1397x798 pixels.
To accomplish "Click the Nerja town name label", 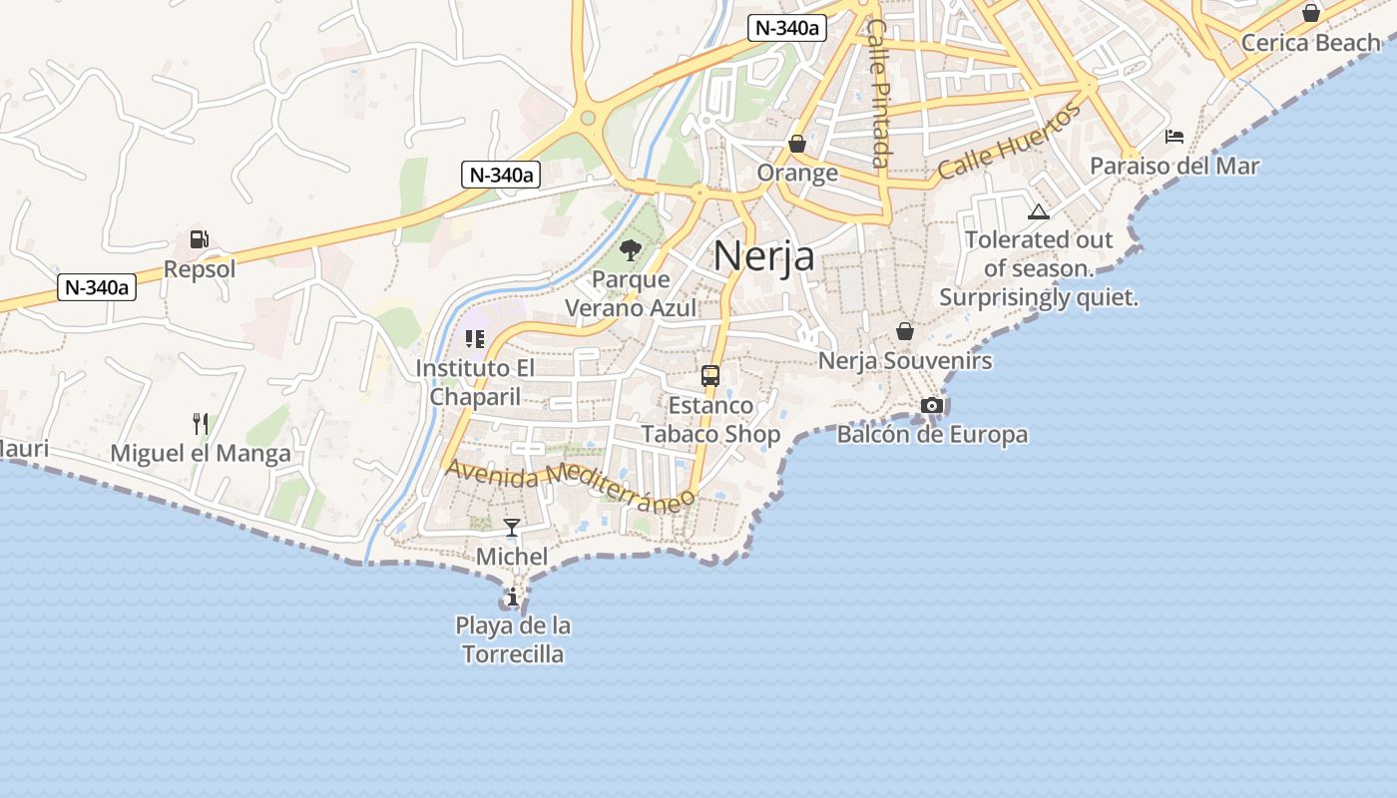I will pyautogui.click(x=763, y=256).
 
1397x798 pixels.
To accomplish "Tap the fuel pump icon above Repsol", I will pyautogui.click(x=200, y=239).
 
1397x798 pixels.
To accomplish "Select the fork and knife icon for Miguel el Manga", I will pyautogui.click(x=201, y=424).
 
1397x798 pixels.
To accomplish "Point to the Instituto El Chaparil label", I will pyautogui.click(x=475, y=382).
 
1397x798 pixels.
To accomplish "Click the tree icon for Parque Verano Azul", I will pyautogui.click(x=630, y=249).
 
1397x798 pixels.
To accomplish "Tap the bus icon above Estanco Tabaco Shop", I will pyautogui.click(x=710, y=376).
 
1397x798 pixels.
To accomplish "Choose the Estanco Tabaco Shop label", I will pyautogui.click(x=710, y=420).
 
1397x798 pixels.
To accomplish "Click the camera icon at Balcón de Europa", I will pyautogui.click(x=932, y=405).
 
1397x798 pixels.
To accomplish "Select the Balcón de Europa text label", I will pyautogui.click(x=932, y=435).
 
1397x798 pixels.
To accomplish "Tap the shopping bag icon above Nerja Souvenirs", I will pyautogui.click(x=905, y=331).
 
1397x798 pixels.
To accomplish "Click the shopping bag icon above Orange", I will pyautogui.click(x=796, y=144).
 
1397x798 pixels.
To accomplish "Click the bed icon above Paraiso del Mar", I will pyautogui.click(x=1174, y=136).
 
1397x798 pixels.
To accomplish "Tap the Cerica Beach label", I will pyautogui.click(x=1310, y=43).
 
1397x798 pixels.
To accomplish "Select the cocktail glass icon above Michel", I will pyautogui.click(x=512, y=527).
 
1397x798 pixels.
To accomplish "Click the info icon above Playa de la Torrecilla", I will pyautogui.click(x=513, y=598).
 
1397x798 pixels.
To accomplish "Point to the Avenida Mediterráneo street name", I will pyautogui.click(x=570, y=485).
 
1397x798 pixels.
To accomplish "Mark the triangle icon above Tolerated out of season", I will pyautogui.click(x=1039, y=211).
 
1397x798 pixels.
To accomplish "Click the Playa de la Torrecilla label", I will pyautogui.click(x=513, y=640).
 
